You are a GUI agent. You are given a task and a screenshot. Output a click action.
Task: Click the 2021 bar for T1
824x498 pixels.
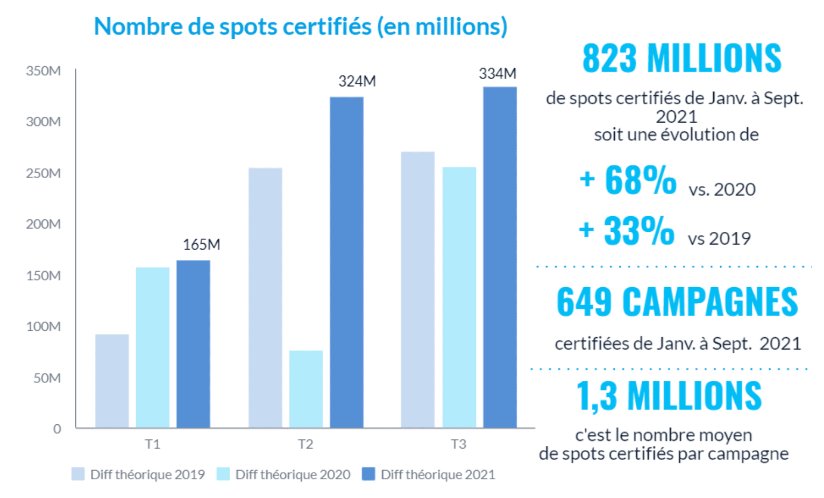tap(193, 344)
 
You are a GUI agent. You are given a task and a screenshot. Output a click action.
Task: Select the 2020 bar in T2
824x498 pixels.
tap(306, 389)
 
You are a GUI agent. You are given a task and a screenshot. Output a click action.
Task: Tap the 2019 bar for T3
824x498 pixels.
tap(417, 290)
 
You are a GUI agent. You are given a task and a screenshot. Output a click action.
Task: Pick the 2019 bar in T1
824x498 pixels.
tap(112, 381)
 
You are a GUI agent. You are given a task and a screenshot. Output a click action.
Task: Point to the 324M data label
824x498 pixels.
tap(357, 81)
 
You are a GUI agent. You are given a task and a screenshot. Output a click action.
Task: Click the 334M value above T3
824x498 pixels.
tap(498, 74)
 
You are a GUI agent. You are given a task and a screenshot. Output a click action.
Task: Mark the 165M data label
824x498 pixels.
tap(201, 245)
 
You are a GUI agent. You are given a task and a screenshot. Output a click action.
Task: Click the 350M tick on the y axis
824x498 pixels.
tap(43, 71)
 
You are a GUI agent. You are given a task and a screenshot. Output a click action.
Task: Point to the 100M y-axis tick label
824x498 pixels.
tap(43, 326)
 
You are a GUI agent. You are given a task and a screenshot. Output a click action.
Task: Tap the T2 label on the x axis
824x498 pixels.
tap(306, 444)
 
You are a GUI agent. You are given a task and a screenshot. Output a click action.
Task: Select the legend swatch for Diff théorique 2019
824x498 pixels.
tap(78, 474)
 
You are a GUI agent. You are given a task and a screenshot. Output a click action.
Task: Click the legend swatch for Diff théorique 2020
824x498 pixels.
tap(223, 474)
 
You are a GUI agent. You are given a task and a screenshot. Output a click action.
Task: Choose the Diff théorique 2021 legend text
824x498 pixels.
tap(438, 474)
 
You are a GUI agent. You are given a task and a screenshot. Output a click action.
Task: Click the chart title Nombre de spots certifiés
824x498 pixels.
tap(301, 26)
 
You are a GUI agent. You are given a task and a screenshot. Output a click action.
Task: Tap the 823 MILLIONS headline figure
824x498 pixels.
tap(681, 58)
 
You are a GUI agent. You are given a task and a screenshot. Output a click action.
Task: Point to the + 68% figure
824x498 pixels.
tap(628, 180)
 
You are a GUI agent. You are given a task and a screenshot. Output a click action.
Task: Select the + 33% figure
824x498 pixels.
tap(627, 231)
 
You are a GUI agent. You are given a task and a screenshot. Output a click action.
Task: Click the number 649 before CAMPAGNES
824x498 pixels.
tap(584, 302)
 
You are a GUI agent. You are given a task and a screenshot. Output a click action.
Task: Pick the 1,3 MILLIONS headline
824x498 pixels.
tap(669, 396)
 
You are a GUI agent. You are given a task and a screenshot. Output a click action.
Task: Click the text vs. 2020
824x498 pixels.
tap(722, 189)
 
